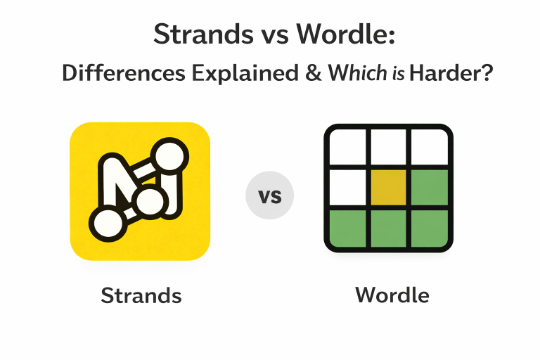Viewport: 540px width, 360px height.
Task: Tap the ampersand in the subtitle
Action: [311, 73]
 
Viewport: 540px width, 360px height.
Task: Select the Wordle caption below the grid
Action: [392, 294]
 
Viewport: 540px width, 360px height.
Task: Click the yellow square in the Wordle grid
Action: [387, 187]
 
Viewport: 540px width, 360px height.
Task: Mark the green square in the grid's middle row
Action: [428, 187]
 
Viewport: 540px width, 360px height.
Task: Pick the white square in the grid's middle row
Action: [347, 187]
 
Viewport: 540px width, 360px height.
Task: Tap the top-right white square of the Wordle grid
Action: [428, 147]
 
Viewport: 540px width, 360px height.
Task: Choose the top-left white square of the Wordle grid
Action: [347, 147]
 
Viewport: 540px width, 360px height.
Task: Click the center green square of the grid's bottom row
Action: [387, 227]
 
